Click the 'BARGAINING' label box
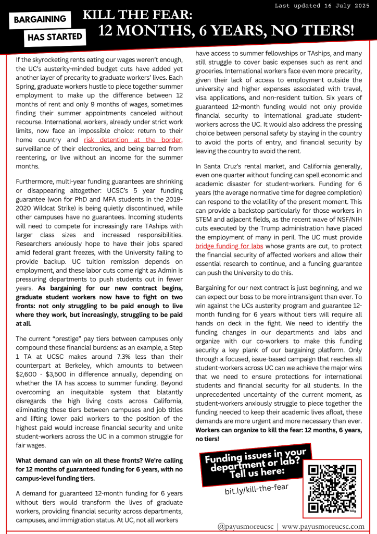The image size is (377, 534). [x=40, y=20]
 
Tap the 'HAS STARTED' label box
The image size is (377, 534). [x=55, y=37]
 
